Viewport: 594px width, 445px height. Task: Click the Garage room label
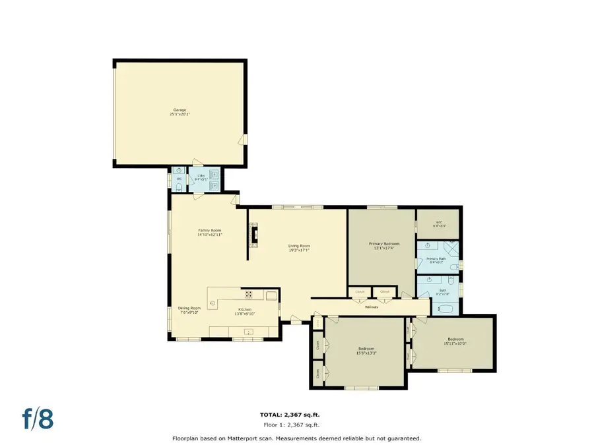(180, 110)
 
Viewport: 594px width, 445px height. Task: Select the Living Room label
(298, 246)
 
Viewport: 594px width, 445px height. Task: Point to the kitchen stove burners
(249, 295)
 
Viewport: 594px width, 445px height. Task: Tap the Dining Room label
(189, 308)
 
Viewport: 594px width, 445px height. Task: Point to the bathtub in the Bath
(445, 308)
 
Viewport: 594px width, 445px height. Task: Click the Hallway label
(371, 307)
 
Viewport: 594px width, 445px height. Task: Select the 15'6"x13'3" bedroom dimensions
(366, 353)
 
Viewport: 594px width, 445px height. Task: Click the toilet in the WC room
(178, 187)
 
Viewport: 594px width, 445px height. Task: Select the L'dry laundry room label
(200, 176)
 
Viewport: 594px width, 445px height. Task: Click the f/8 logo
(38, 419)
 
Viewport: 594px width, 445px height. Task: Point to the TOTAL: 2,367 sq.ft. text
(289, 415)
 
